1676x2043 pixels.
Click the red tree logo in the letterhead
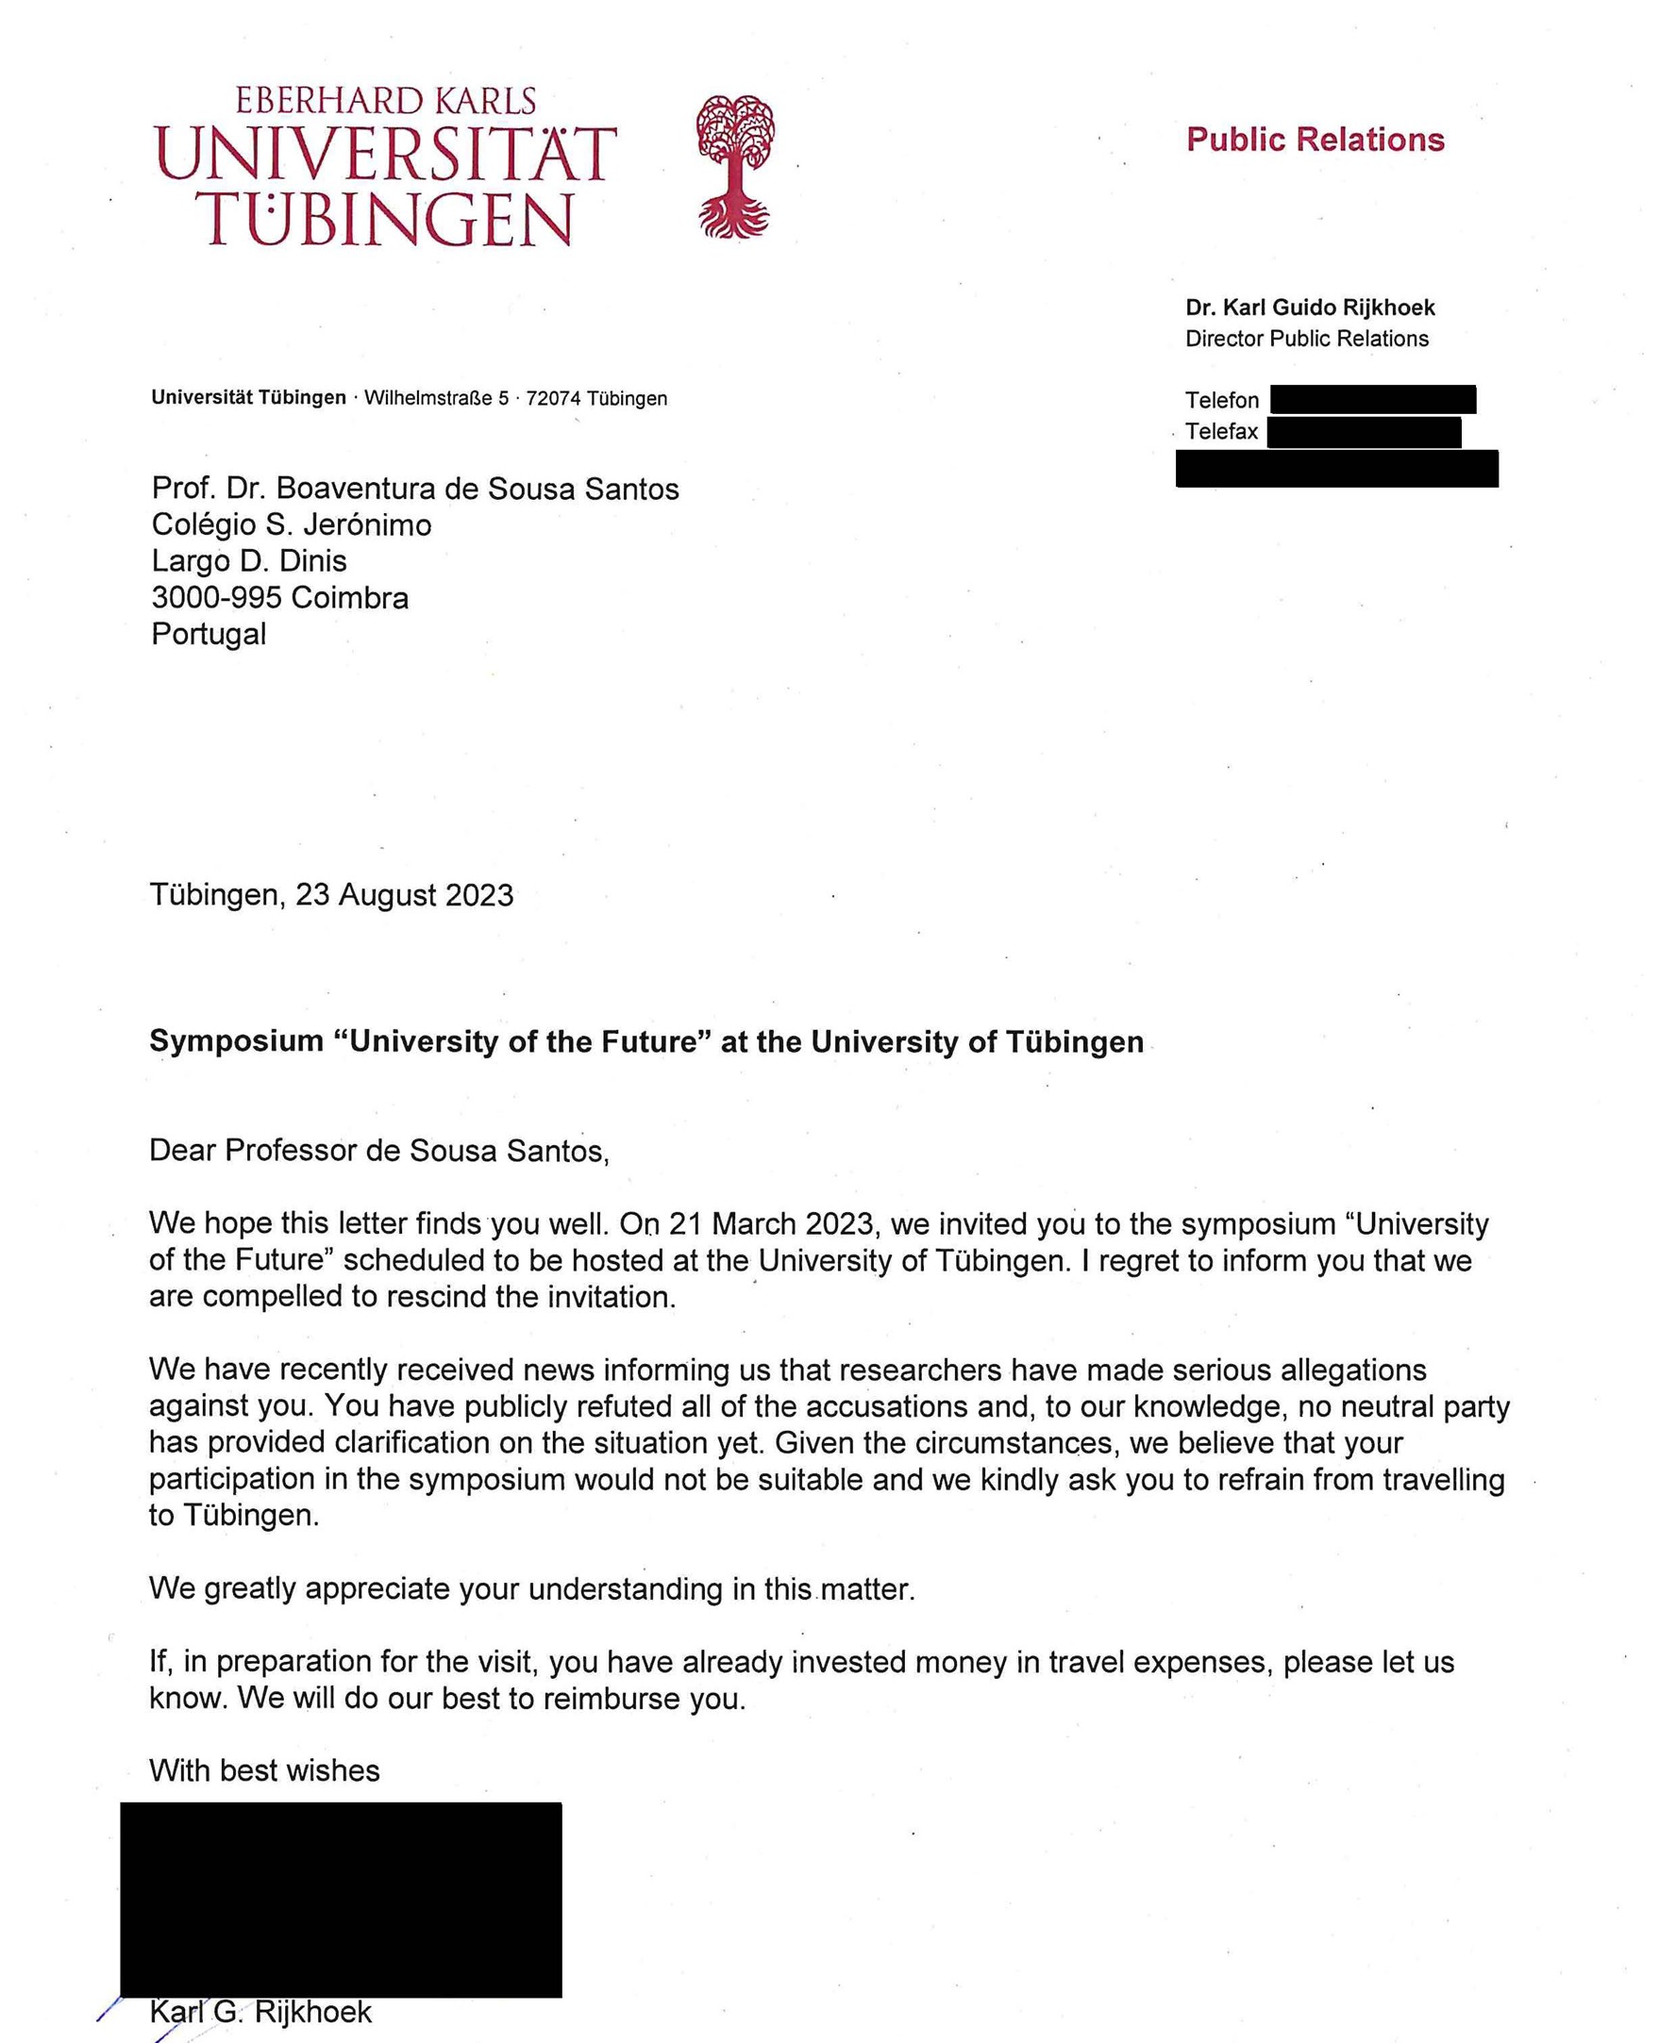click(x=735, y=166)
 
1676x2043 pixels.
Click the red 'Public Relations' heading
click(x=1315, y=140)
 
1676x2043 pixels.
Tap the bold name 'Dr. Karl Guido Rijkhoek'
click(x=1310, y=307)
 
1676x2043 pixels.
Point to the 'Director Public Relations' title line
click(x=1306, y=339)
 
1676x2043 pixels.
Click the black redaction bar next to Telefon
click(x=1373, y=400)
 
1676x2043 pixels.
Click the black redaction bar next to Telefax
click(x=1364, y=432)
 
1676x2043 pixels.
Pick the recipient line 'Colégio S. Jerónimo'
click(x=292, y=525)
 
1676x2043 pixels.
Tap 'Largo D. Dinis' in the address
click(x=249, y=560)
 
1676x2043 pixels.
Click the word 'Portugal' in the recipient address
click(x=209, y=634)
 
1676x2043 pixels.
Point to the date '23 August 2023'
click(x=405, y=895)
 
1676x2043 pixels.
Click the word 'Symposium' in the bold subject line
click(x=237, y=1041)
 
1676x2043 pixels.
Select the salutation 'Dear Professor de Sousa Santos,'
click(x=379, y=1151)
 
